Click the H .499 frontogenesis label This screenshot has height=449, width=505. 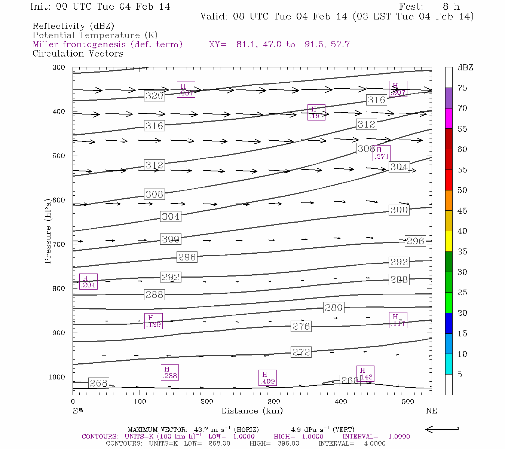(267, 378)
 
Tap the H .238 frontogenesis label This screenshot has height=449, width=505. (169, 372)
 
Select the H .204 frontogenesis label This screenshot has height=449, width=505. (88, 282)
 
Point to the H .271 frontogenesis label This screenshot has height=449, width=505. (382, 153)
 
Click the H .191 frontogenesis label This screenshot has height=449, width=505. (316, 112)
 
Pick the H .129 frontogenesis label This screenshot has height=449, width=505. (153, 321)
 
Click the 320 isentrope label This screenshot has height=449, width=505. (154, 96)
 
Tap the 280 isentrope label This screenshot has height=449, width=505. (334, 308)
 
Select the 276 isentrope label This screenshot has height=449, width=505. (301, 326)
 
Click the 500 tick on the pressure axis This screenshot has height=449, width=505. (59, 156)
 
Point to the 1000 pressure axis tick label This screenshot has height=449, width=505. (57, 377)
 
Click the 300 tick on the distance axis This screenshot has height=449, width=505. (274, 402)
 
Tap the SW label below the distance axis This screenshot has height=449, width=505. (78, 411)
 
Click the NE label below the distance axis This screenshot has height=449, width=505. (431, 411)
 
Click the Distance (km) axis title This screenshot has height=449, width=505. (252, 411)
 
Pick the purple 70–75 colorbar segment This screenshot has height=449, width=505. (449, 98)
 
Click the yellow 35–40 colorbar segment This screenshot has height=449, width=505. (449, 241)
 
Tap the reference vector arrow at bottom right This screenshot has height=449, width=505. (442, 430)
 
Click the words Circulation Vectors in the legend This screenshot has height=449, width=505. (78, 54)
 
